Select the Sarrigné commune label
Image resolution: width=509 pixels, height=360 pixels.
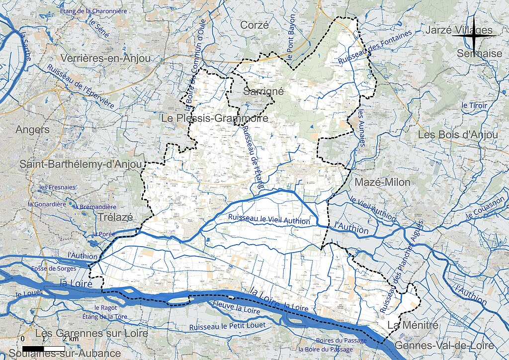(x=263, y=91)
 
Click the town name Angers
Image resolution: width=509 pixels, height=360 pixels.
(x=33, y=130)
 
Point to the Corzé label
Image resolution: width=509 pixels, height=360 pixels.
(x=254, y=25)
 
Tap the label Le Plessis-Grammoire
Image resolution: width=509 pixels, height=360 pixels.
(x=215, y=119)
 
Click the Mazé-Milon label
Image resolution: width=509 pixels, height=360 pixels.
(x=382, y=182)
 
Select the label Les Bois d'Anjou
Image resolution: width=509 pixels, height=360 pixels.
(x=457, y=135)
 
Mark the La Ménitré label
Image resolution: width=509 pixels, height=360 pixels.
(x=413, y=326)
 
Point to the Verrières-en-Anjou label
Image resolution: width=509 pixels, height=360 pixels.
(x=105, y=58)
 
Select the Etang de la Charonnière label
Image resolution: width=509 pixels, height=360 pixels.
(x=93, y=10)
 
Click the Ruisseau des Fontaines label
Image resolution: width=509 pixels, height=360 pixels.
(x=375, y=48)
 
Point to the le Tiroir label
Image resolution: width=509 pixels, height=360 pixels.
(x=474, y=105)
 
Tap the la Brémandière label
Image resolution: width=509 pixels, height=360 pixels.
(x=94, y=207)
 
